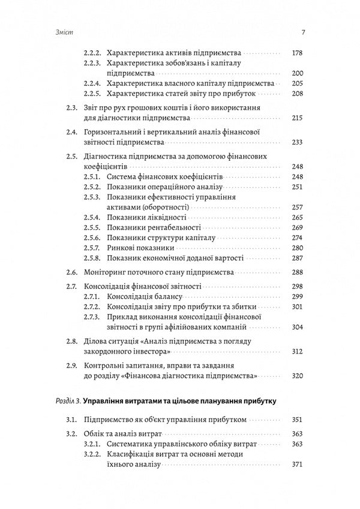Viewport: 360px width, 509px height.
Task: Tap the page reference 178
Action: tap(297, 53)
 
